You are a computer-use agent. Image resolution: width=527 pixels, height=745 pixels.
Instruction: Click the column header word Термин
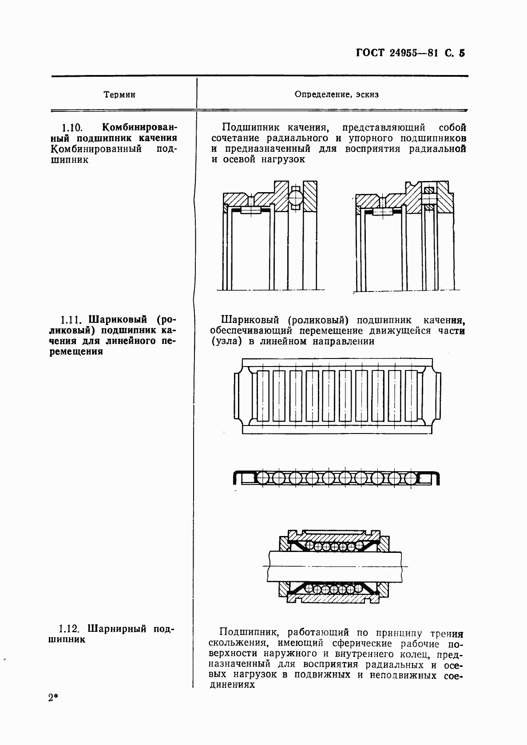(x=119, y=95)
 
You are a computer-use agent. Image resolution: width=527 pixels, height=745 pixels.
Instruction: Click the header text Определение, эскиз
(x=337, y=95)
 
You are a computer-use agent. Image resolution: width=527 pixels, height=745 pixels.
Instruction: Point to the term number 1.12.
(x=69, y=629)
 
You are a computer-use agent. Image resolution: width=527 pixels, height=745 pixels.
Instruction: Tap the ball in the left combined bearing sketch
(x=296, y=195)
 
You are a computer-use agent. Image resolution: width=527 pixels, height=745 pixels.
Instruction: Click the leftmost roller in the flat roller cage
(x=262, y=395)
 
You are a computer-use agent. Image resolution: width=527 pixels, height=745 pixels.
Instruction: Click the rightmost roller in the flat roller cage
(x=411, y=395)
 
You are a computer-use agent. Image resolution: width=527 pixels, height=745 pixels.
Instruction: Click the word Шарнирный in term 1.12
(x=118, y=629)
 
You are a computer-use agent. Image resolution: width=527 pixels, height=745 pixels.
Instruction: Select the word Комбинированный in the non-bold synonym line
(x=96, y=149)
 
